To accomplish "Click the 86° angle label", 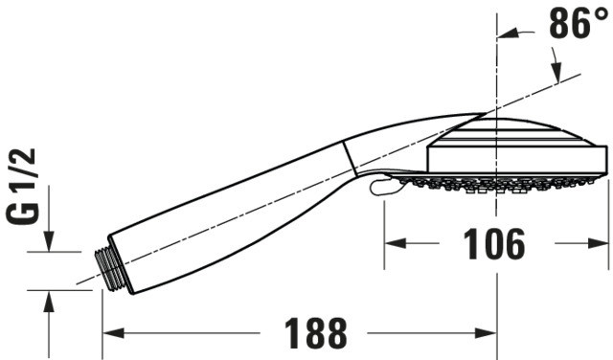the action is (578, 23).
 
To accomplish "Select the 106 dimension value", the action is (494, 244).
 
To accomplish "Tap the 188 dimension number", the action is (315, 333).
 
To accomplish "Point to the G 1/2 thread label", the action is (23, 186).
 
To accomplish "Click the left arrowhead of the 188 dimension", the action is (113, 333).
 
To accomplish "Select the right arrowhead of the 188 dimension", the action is (486, 333).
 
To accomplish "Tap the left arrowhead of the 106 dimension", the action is (396, 243).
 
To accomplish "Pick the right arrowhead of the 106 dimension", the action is (598, 243).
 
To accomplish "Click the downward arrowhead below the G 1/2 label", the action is (49, 240).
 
